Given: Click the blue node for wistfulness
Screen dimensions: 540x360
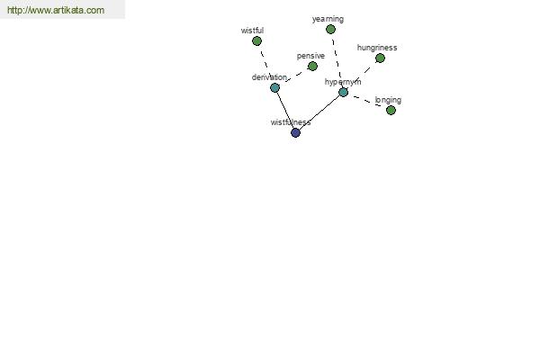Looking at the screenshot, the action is pyautogui.click(x=295, y=132).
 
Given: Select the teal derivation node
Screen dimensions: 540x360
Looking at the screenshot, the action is pyautogui.click(x=274, y=88).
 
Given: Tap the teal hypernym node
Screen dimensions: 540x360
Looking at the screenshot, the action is pyautogui.click(x=344, y=93).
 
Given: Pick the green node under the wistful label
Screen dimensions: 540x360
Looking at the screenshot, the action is pyautogui.click(x=256, y=41).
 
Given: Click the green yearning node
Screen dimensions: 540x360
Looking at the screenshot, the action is pyautogui.click(x=330, y=30).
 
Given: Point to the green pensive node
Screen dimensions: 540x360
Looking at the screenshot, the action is pyautogui.click(x=312, y=66).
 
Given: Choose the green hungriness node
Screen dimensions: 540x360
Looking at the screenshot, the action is pyautogui.click(x=380, y=58).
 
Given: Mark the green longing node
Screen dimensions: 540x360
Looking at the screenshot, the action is pyautogui.click(x=391, y=110).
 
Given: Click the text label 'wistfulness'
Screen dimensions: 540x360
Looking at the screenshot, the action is pyautogui.click(x=291, y=122).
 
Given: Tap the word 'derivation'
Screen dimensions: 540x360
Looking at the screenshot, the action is pyautogui.click(x=269, y=77).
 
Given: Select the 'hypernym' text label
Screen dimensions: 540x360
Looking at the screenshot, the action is pyautogui.click(x=343, y=82).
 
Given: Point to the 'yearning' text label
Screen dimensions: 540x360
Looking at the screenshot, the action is pyautogui.click(x=328, y=19).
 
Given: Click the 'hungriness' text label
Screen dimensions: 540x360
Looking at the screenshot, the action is pyautogui.click(x=377, y=48).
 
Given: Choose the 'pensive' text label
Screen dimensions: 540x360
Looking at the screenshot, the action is pyautogui.click(x=310, y=56).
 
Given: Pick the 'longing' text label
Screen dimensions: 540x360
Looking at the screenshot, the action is pyautogui.click(x=388, y=100).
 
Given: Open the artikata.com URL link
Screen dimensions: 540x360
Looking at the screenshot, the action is pyautogui.click(x=56, y=10).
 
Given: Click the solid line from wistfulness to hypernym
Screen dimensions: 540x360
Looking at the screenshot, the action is pyautogui.click(x=319, y=112).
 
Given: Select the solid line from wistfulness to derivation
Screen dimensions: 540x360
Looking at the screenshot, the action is pyautogui.click(x=285, y=110).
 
